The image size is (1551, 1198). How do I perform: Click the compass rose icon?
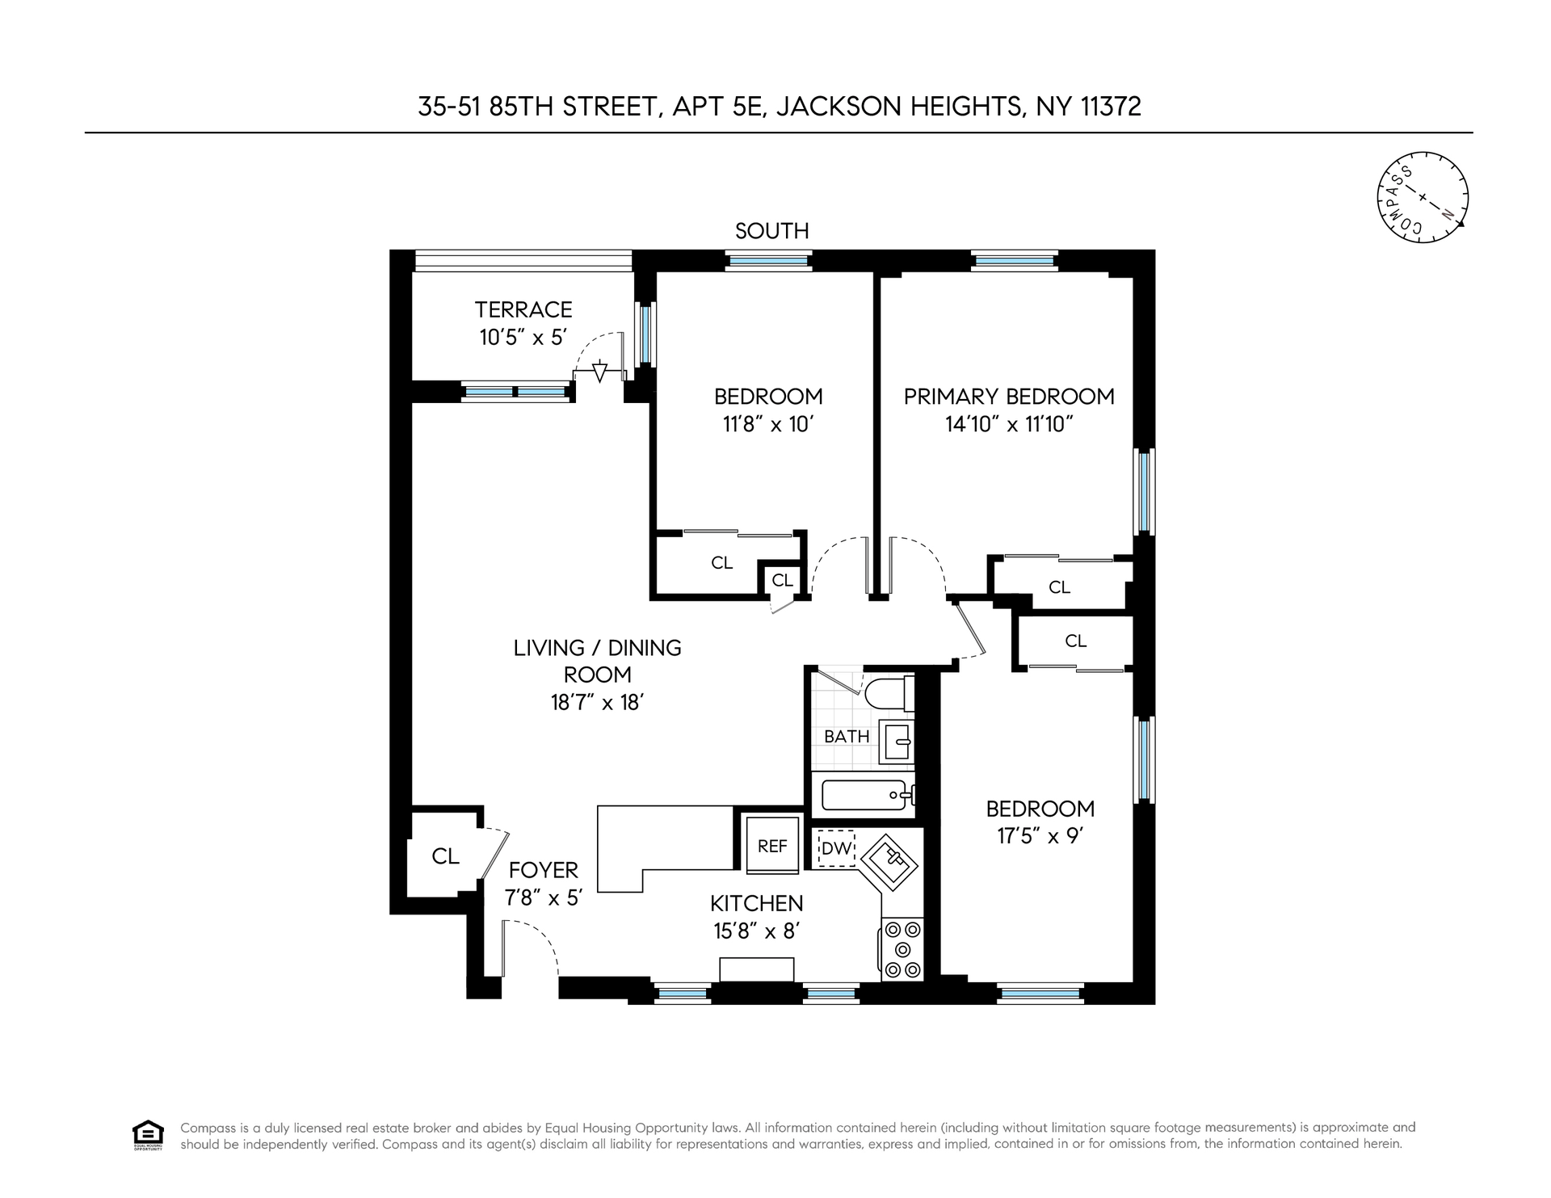(x=1422, y=197)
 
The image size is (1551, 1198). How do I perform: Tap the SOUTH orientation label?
(x=772, y=231)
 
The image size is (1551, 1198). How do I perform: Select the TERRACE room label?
(x=523, y=309)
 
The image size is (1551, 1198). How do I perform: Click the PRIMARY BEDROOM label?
(x=1009, y=397)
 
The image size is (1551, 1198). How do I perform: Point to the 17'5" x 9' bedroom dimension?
(x=1040, y=835)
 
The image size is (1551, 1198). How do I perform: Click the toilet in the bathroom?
(x=889, y=693)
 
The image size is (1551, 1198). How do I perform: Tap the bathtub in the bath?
(x=868, y=795)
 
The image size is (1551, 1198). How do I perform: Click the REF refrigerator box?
(x=772, y=845)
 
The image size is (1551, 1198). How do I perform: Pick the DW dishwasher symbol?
(x=836, y=848)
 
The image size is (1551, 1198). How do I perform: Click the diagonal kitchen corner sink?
(x=889, y=864)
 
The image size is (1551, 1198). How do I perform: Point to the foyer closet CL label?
(x=445, y=856)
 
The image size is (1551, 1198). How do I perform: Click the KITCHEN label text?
(x=757, y=903)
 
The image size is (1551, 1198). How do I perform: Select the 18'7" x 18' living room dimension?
(x=597, y=702)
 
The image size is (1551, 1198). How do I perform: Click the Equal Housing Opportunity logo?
(x=147, y=1134)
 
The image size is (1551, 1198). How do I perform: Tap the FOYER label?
(x=544, y=870)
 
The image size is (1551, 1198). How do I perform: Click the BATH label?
(x=847, y=737)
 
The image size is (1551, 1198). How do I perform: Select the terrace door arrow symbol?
(x=599, y=372)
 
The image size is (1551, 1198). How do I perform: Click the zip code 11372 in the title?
(x=1111, y=107)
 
